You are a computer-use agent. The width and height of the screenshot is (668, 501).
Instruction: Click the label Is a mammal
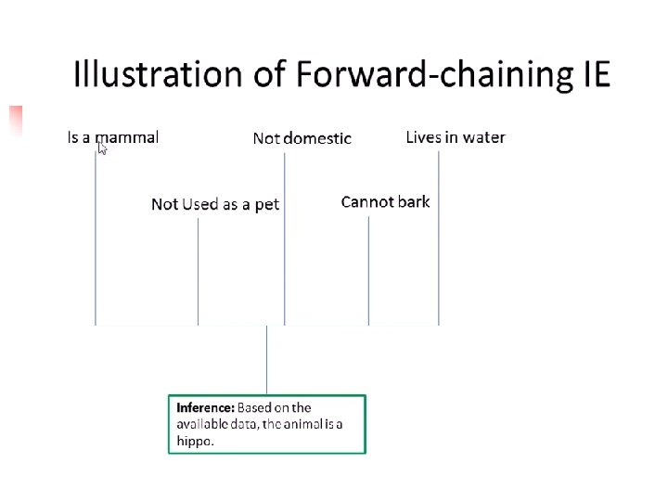pos(113,137)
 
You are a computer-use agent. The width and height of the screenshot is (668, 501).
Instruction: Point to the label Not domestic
pos(302,138)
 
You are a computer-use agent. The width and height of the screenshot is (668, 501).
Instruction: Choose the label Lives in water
pos(456,137)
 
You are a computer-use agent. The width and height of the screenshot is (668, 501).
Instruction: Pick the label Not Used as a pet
pos(215,204)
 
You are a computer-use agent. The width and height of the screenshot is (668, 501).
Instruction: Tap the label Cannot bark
pos(385,201)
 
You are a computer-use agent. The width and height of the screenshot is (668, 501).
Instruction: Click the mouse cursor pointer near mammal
pos(102,147)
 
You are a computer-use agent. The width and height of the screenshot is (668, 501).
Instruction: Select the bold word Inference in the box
pos(205,407)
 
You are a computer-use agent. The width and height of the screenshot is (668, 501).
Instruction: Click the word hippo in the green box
pos(195,441)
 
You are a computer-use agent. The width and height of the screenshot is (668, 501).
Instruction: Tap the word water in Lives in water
pos(483,137)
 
